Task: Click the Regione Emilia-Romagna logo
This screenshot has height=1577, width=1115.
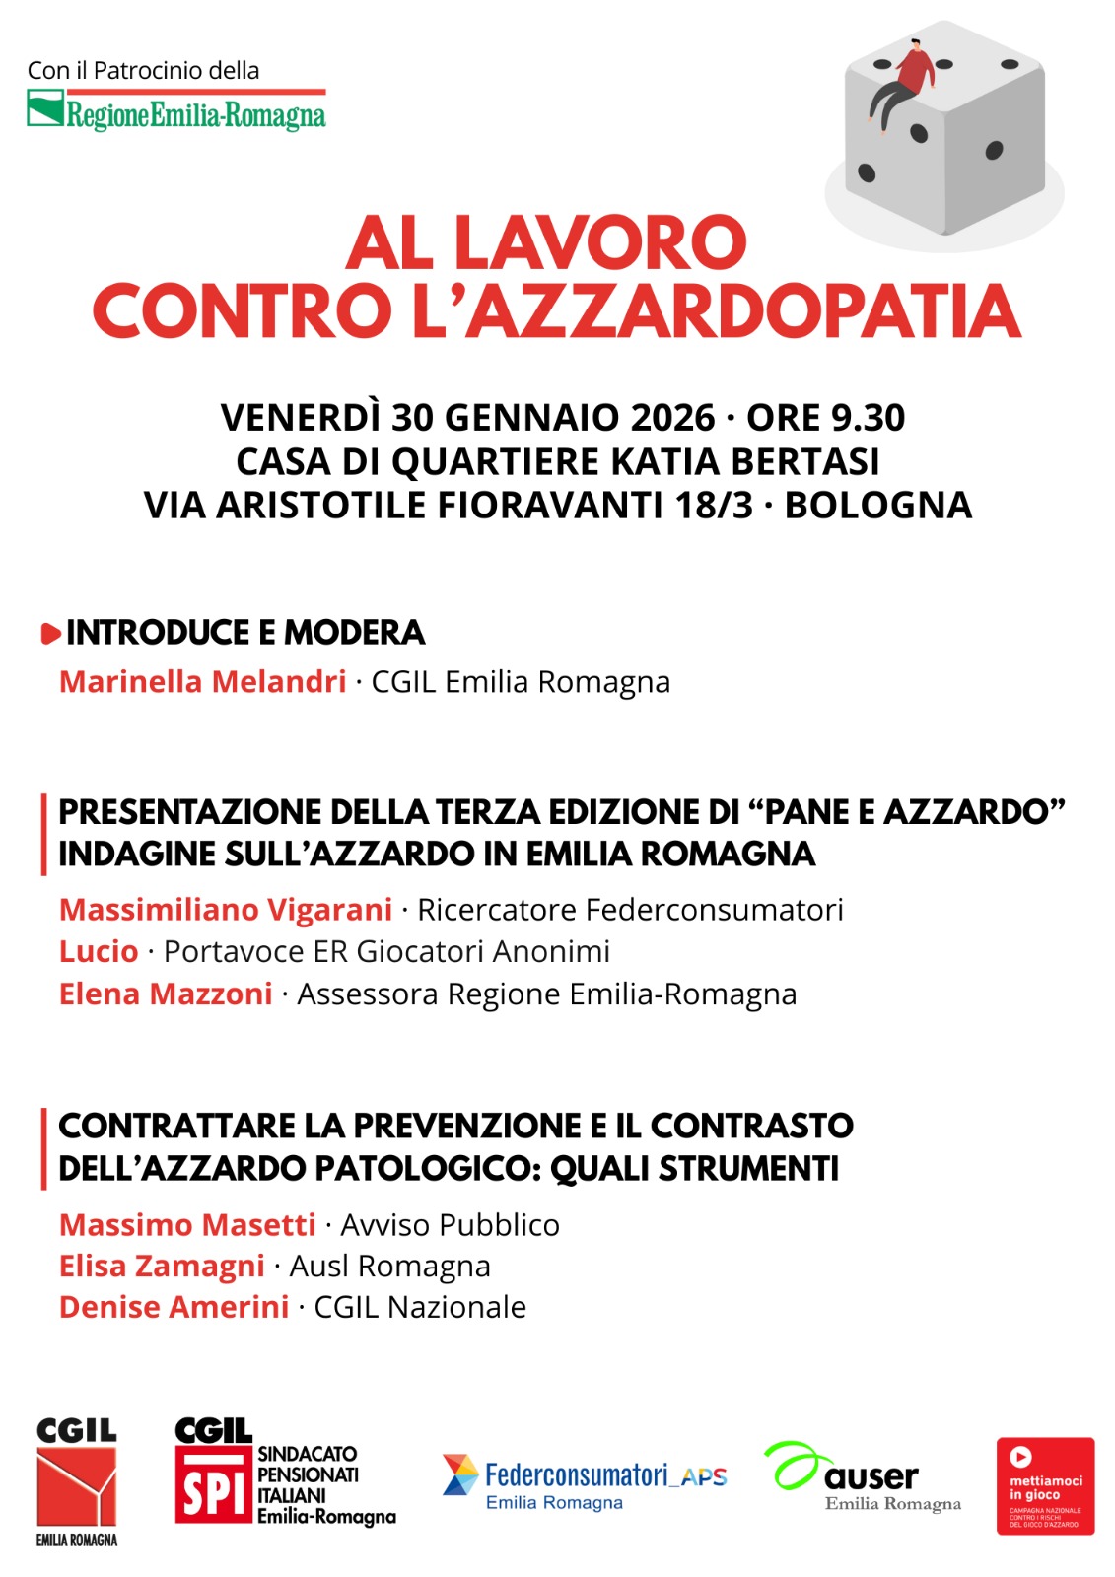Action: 175,111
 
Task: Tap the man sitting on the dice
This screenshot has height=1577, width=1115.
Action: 901,81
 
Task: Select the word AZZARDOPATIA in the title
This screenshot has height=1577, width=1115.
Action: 743,310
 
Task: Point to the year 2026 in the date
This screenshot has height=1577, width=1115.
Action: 672,418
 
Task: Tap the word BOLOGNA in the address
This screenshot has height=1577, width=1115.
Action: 877,505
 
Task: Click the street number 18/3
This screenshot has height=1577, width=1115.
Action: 713,505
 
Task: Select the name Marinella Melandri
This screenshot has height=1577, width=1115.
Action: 202,681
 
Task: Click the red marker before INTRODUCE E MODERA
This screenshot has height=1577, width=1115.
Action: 50,634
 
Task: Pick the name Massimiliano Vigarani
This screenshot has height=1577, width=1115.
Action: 226,909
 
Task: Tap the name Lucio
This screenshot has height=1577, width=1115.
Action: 99,951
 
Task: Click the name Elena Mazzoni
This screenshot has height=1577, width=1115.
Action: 166,994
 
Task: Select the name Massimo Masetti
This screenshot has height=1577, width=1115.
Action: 187,1224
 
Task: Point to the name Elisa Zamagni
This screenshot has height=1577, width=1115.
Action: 162,1266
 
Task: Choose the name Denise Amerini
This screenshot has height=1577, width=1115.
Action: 174,1307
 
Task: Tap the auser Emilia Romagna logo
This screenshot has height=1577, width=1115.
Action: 862,1478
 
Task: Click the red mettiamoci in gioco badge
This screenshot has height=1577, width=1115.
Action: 1045,1485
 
